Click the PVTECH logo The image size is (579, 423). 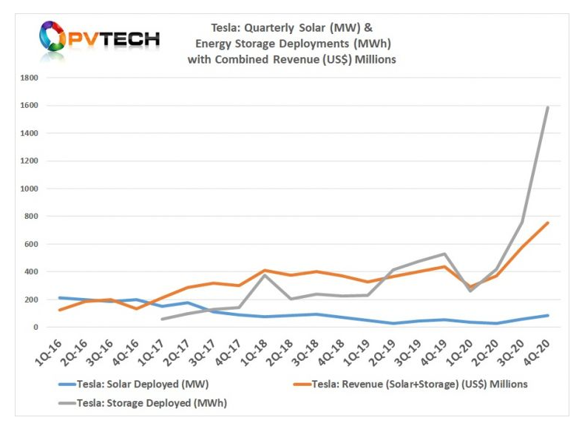pyautogui.click(x=99, y=39)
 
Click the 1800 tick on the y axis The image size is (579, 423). pyautogui.click(x=30, y=78)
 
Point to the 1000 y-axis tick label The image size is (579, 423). pyautogui.click(x=30, y=189)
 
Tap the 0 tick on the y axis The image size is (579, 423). pyautogui.click(x=36, y=327)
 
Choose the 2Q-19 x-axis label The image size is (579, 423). pyautogui.click(x=387, y=348)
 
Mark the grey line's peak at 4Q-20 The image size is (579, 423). pyautogui.click(x=548, y=108)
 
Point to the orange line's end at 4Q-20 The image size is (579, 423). pyautogui.click(x=548, y=223)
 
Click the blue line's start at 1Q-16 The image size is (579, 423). pyautogui.click(x=59, y=298)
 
